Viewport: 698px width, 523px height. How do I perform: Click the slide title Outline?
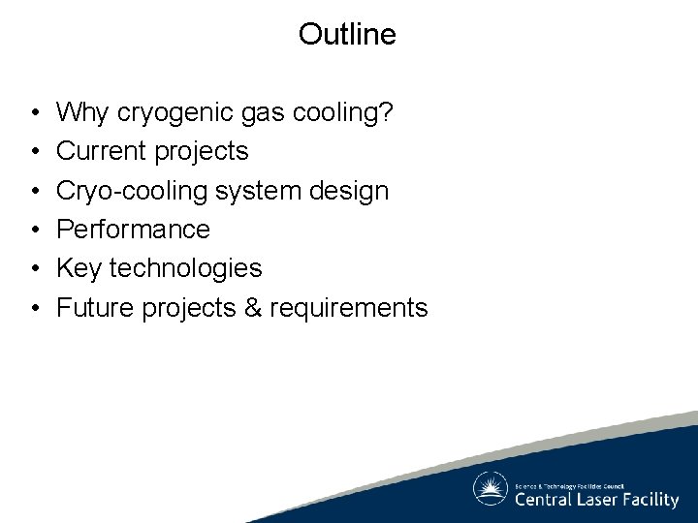coord(347,34)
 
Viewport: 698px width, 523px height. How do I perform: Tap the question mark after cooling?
coord(387,112)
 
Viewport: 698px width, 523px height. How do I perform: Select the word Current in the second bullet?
coord(97,151)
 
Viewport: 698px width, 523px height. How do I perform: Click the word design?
coord(355,191)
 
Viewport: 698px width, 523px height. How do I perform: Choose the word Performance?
coord(133,230)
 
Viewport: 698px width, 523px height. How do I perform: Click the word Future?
coord(96,308)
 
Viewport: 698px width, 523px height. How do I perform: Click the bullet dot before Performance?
coord(34,231)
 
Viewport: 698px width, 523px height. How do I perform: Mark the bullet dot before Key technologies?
coord(34,269)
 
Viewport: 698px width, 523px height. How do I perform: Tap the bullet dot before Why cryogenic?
coord(34,113)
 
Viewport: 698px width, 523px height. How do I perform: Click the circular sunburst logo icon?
coord(491,489)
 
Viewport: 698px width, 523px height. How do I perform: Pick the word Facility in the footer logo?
coord(650,501)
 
